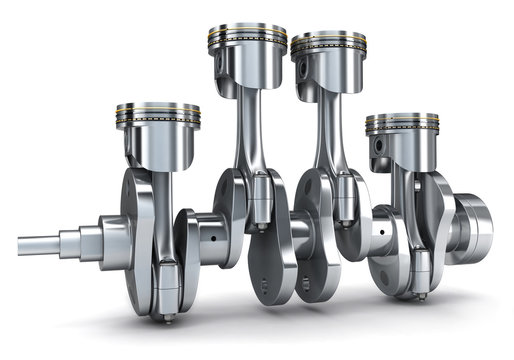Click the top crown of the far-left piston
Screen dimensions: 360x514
(x=157, y=105)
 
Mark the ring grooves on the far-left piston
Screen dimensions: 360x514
(x=157, y=119)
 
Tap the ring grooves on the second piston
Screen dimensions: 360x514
(x=247, y=42)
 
